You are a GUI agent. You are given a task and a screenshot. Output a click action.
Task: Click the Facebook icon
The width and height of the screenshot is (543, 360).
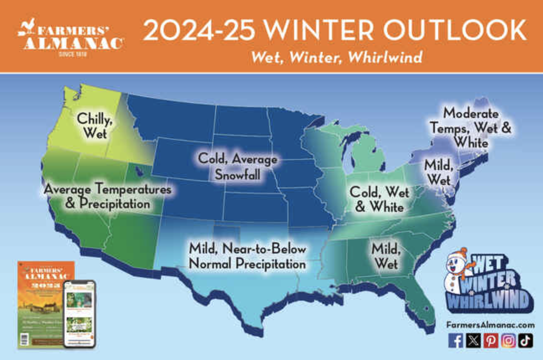coord(456,340)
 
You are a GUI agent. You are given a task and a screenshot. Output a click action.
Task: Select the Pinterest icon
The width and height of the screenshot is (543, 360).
coord(491,340)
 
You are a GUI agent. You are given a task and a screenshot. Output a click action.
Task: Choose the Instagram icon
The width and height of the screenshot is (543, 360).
coord(508,340)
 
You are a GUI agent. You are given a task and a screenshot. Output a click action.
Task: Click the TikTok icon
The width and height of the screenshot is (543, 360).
coord(525,340)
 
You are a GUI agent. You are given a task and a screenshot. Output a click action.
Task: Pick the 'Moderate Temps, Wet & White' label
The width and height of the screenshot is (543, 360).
coord(471,128)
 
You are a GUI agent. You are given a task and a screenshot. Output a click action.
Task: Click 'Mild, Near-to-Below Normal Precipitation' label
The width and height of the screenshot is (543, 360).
coord(247,256)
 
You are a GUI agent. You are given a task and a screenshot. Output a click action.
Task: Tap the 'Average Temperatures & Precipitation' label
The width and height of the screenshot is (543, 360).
coord(108,196)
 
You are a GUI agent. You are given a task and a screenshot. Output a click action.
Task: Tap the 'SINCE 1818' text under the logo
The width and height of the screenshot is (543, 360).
coord(72,55)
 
